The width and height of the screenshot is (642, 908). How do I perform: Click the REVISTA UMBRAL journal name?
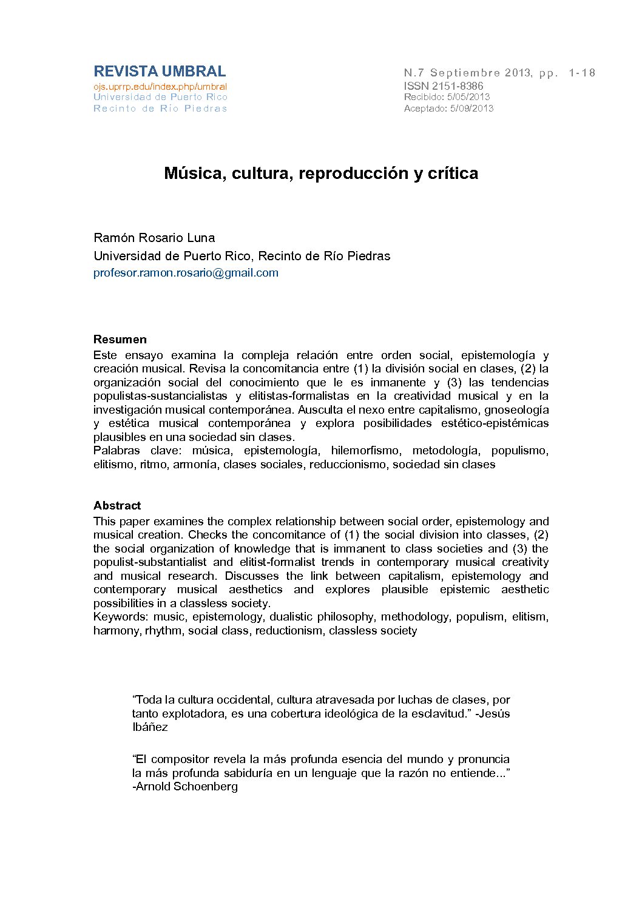tap(160, 72)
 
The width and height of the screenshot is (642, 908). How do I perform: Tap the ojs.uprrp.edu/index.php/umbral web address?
tap(160, 87)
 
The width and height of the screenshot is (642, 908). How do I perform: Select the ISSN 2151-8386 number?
tap(444, 86)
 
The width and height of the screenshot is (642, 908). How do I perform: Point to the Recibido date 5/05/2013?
tap(468, 97)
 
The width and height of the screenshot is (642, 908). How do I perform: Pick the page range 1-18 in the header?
tap(582, 73)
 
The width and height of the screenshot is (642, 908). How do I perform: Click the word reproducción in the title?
tap(354, 173)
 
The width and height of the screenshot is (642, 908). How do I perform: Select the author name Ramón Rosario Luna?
tap(154, 238)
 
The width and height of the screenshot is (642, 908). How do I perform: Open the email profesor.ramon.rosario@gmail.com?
tap(186, 273)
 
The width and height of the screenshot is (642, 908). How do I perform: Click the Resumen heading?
tap(120, 340)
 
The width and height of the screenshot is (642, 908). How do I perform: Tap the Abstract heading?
tap(117, 506)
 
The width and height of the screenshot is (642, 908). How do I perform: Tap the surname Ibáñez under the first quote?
tap(150, 727)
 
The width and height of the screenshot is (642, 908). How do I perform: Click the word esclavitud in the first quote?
tap(436, 714)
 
